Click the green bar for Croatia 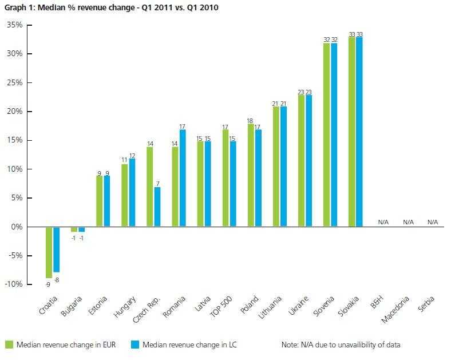pyautogui.click(x=49, y=252)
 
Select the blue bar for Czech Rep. pyautogui.click(x=157, y=207)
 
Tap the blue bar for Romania pyautogui.click(x=183, y=178)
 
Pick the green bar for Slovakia pyautogui.click(x=351, y=132)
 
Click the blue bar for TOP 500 pyautogui.click(x=233, y=184)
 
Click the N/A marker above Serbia pyautogui.click(x=432, y=222)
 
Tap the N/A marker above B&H pyautogui.click(x=383, y=222)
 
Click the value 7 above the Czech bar pyautogui.click(x=157, y=183)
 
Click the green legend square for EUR pyautogui.click(x=9, y=345)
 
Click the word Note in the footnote pyautogui.click(x=290, y=345)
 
